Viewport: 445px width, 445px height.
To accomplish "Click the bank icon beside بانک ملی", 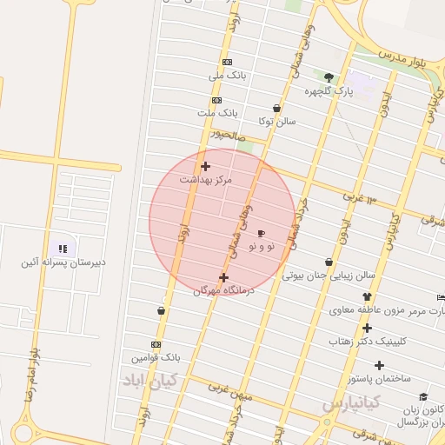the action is point(227,62).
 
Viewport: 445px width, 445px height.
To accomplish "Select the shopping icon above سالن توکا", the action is point(276,109).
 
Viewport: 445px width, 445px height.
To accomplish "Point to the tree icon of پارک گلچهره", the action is point(329,77).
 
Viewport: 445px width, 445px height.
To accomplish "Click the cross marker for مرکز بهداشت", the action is point(205,166).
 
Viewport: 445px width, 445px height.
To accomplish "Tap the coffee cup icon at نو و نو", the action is point(261,233).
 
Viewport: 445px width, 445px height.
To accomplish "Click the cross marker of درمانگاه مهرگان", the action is point(223,278).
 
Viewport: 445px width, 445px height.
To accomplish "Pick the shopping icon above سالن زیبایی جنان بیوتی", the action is point(329,262).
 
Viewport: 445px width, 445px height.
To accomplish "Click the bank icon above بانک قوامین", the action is point(156,344).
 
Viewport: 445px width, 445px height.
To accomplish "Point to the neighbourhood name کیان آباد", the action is point(149,380).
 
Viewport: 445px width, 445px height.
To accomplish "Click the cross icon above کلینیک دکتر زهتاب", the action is point(367,328).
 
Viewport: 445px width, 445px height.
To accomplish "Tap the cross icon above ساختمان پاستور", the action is point(379,365).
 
